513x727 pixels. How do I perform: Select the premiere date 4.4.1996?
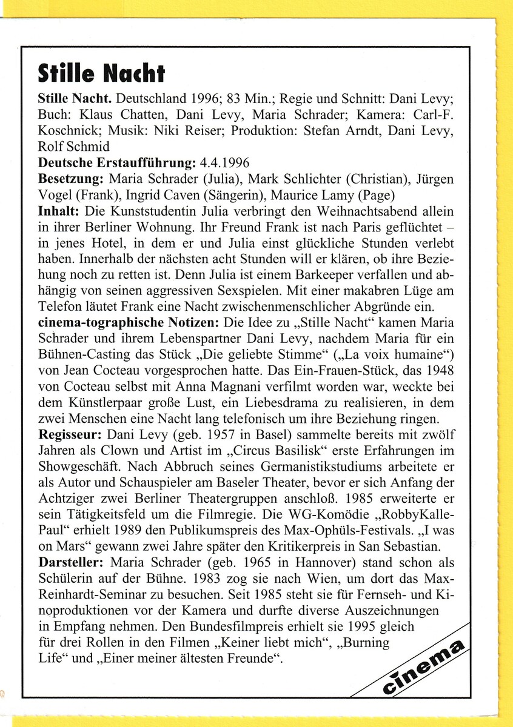point(225,162)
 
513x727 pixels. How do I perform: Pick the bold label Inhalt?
point(58,211)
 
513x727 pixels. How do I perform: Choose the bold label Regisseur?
point(70,435)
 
